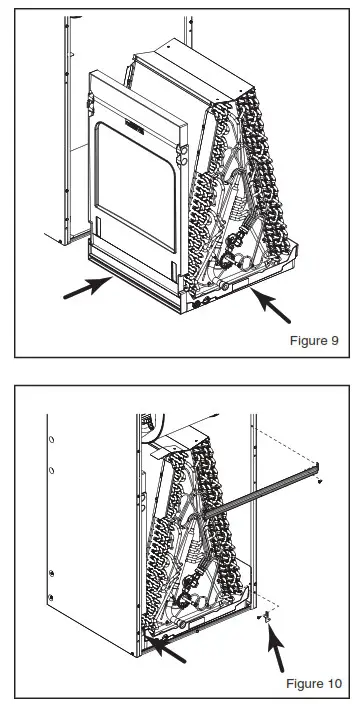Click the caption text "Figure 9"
click(x=314, y=340)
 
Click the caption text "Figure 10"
click(x=314, y=683)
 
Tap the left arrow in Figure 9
click(x=87, y=287)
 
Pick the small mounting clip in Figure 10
click(x=267, y=616)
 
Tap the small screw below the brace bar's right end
click(x=320, y=481)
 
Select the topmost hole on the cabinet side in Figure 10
click(x=51, y=439)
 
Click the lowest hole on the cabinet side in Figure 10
click(x=51, y=597)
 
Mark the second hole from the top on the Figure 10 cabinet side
click(x=51, y=471)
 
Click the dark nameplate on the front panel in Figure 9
click(x=135, y=127)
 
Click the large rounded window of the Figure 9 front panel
click(x=135, y=187)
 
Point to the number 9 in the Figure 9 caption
click(x=334, y=340)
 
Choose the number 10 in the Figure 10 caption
click(x=334, y=683)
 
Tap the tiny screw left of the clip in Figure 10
click(x=260, y=617)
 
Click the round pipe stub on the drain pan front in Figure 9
click(x=223, y=284)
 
